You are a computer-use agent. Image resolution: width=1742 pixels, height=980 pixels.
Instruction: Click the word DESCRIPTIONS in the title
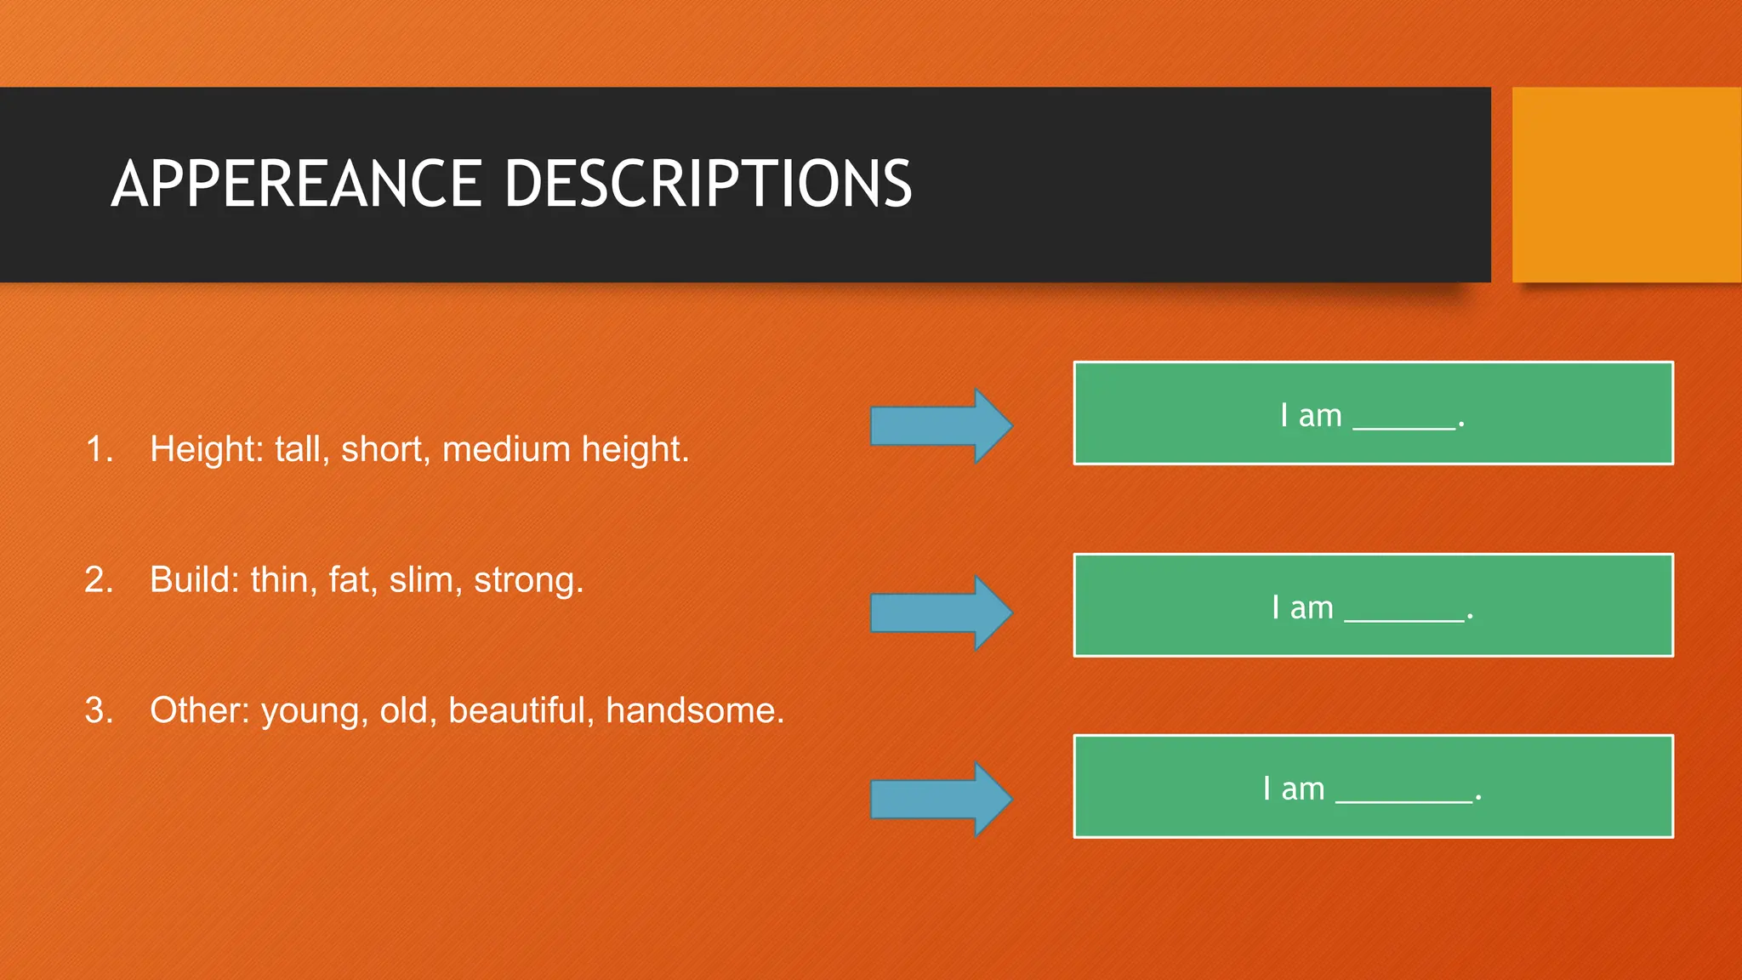point(708,184)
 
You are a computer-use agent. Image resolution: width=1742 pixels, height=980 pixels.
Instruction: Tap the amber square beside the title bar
point(1625,185)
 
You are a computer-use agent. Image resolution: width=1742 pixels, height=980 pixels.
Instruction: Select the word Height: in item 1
point(207,449)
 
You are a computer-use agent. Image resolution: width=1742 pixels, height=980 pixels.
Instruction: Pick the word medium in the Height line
point(506,449)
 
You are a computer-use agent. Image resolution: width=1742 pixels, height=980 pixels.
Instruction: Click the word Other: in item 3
point(200,710)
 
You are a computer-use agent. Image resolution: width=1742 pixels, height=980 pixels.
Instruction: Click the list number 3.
point(99,710)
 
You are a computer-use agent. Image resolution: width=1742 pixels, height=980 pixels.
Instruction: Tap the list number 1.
point(100,449)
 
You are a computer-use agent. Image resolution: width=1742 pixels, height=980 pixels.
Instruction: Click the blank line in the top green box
point(1404,426)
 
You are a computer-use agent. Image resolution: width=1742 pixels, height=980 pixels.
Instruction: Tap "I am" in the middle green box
point(1302,608)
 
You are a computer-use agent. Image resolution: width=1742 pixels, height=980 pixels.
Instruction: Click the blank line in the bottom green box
point(1404,799)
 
